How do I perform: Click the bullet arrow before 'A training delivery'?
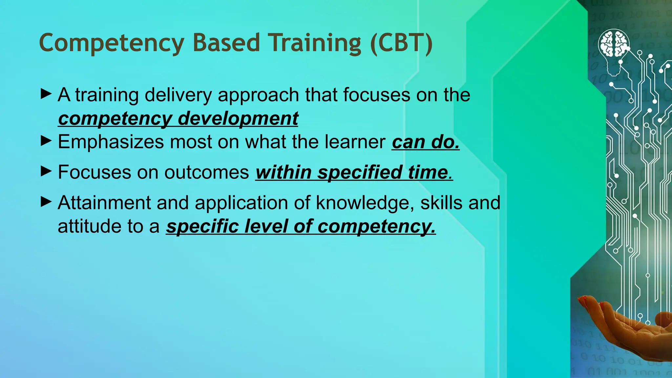pos(46,94)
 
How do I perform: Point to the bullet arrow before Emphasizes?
pos(46,141)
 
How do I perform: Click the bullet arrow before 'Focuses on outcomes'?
pos(46,171)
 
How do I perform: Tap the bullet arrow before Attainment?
pos(46,202)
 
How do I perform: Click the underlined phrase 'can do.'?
pos(425,142)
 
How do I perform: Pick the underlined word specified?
pos(359,172)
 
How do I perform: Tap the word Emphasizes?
pos(111,142)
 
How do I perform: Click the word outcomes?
pos(206,172)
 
